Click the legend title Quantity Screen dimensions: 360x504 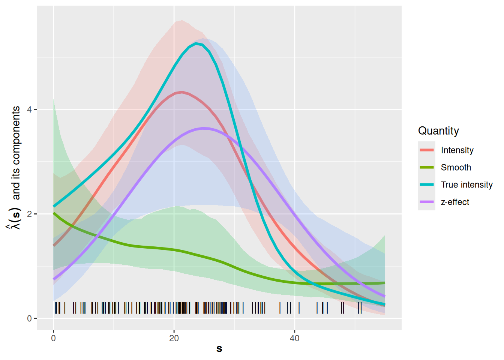tap(438, 131)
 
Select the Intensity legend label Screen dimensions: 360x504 tap(457, 150)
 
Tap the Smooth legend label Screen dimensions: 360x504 tap(456, 168)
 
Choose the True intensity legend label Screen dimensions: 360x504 tap(466, 185)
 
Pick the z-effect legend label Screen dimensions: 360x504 tap(455, 202)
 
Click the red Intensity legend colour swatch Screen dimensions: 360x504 tap(427, 150)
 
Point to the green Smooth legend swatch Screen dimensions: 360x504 tap(427, 168)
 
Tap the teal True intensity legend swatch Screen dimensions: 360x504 tap(427, 185)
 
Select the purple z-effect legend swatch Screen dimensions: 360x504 tap(427, 202)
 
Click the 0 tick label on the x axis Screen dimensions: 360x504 tap(53, 338)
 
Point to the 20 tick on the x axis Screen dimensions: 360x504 tap(174, 338)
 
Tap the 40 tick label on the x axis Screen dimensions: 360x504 tap(294, 338)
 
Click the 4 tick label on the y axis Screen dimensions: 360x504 tap(29, 109)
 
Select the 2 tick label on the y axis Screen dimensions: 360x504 tap(29, 214)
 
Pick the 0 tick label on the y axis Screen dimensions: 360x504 tap(29, 319)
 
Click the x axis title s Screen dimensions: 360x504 tap(219, 349)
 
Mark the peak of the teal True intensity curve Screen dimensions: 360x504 tap(196, 43)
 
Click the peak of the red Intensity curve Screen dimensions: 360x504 tap(182, 92)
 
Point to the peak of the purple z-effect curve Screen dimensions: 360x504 tap(204, 128)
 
